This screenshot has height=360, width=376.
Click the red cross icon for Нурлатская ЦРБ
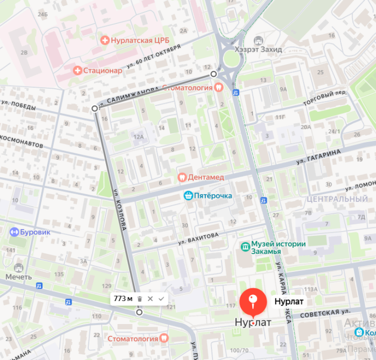[104, 40]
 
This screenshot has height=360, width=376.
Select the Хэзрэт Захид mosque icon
[258, 40]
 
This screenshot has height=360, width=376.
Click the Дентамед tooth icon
[182, 177]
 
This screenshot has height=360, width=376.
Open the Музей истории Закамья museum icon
[244, 246]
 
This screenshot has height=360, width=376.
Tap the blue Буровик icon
[15, 232]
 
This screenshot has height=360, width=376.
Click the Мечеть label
[19, 277]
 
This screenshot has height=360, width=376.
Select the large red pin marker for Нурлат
[253, 302]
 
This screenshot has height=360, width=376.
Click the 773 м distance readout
[123, 298]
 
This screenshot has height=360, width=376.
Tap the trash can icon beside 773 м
[139, 298]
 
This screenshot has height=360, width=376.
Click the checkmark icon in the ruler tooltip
[161, 298]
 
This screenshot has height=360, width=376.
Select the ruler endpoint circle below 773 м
[139, 312]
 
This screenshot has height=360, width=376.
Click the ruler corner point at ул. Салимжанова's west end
[95, 109]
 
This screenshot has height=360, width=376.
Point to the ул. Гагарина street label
[318, 157]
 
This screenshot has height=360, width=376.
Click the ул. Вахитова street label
[198, 239]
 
